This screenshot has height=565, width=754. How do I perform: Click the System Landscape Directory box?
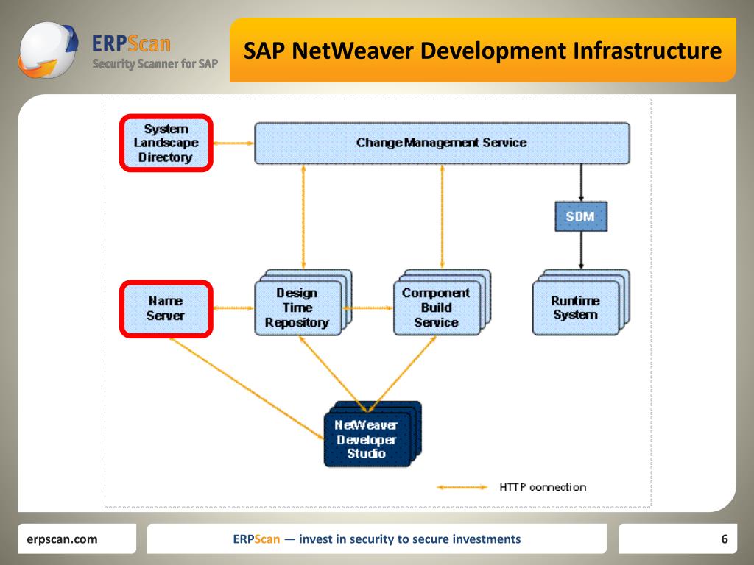(166, 143)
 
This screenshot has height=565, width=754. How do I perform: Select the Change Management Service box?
(442, 143)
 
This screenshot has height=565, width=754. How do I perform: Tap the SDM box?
(580, 216)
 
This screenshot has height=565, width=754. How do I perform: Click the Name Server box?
(166, 308)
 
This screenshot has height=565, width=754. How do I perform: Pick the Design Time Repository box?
(298, 308)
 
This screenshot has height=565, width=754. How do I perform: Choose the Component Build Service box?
(436, 308)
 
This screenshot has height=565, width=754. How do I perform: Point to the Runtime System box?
(576, 308)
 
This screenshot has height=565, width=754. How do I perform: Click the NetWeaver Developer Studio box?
(367, 439)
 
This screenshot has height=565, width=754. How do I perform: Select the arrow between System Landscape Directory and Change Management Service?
(233, 143)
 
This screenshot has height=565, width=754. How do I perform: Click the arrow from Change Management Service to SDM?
(581, 182)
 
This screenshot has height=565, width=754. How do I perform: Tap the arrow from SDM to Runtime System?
(581, 250)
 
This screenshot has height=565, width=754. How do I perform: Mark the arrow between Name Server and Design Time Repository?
(233, 308)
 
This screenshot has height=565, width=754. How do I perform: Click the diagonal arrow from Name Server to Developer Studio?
(247, 388)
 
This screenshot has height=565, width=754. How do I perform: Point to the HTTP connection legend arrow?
(462, 487)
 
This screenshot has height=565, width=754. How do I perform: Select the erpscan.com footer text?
(62, 539)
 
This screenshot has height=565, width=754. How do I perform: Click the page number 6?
(724, 539)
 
